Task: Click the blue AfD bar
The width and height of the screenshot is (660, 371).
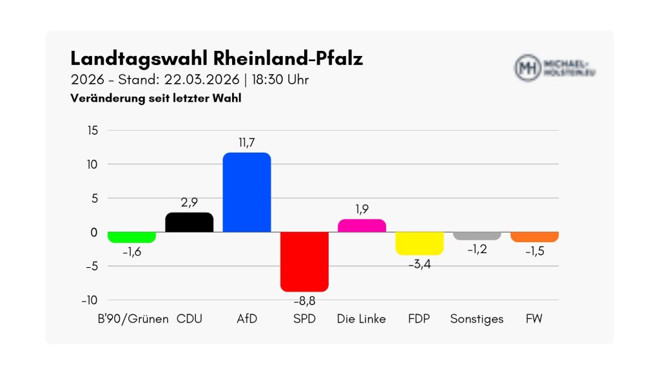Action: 247,192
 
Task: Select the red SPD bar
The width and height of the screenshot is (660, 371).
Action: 304,262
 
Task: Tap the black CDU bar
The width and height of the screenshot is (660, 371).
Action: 189,222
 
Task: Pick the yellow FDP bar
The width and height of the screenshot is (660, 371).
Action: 419,243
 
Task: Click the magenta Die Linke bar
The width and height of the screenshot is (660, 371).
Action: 362,225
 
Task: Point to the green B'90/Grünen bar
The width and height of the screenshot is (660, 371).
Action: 131,237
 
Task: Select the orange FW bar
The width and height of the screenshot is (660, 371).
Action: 534,236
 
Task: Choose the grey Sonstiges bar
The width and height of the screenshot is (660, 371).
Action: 477,236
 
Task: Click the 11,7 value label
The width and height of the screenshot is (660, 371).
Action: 247,142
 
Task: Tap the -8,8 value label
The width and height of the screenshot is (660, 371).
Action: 304,301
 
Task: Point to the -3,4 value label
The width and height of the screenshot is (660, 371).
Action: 419,263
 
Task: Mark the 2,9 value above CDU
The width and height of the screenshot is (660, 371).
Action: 189,202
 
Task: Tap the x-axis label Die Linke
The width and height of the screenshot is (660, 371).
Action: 362,319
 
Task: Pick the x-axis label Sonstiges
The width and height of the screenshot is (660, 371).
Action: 477,319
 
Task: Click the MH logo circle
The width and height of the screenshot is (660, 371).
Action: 528,67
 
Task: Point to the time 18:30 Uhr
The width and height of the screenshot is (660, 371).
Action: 282,80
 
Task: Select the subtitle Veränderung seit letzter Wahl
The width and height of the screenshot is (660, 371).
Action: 156,99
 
